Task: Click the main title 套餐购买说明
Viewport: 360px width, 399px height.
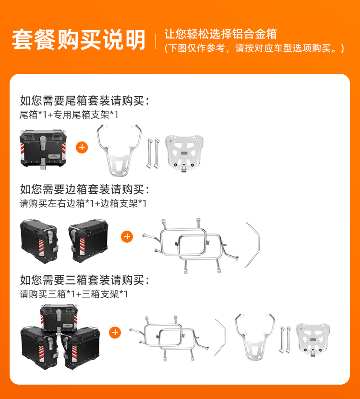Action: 78,40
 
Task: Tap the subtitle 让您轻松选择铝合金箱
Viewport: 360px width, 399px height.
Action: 221,34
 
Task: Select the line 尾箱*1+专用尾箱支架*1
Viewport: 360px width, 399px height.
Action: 69,115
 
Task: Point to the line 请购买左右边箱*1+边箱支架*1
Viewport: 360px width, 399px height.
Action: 83,203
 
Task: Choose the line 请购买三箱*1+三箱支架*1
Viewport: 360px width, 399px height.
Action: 73,294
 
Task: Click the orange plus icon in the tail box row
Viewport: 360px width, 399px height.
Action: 82,147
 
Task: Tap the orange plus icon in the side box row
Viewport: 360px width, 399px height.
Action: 127,236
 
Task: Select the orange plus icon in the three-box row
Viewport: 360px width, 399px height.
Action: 115,332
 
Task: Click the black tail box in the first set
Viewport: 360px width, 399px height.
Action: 43,149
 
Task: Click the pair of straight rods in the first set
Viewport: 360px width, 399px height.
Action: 154,153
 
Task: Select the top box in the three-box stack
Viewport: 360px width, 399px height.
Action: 59,318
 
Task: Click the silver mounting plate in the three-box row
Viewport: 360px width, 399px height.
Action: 313,339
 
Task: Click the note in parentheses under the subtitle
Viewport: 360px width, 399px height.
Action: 254,48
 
